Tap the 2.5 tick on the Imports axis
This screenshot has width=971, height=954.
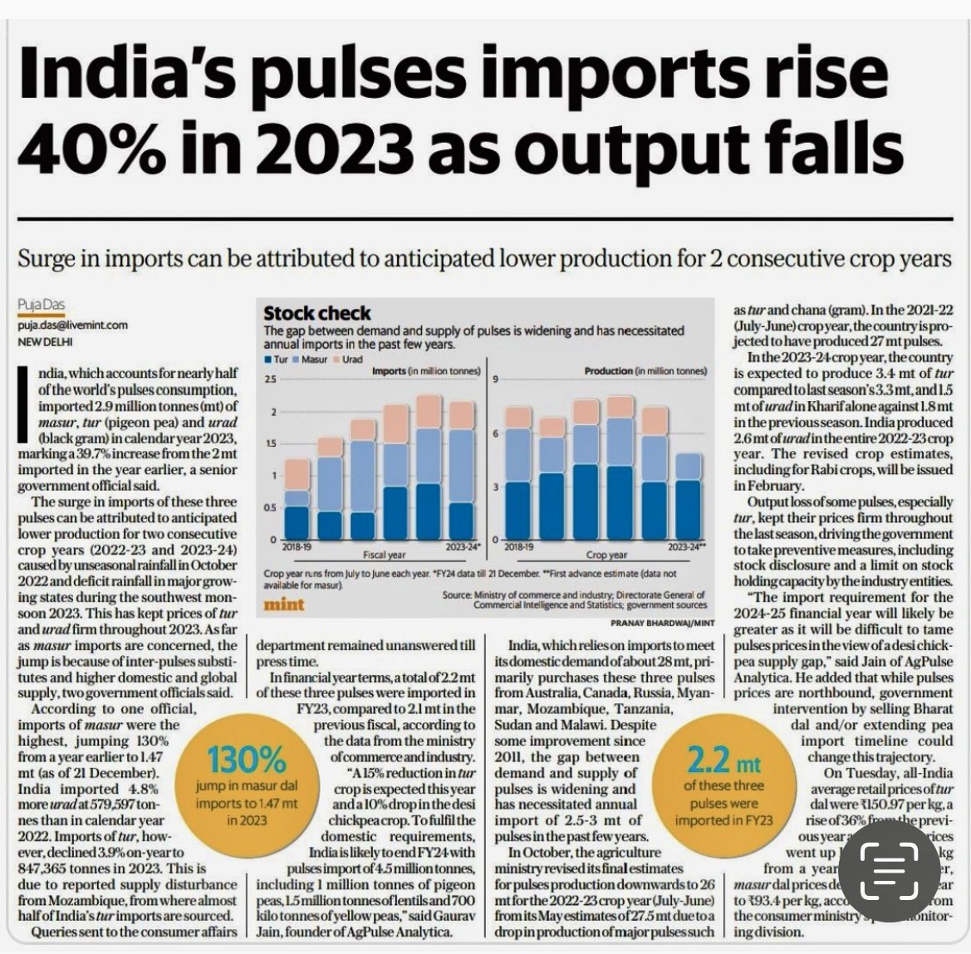(271, 379)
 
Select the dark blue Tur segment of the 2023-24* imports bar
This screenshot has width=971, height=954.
(462, 521)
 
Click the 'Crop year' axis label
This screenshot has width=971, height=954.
(606, 555)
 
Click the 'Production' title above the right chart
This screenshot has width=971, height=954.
(608, 371)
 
